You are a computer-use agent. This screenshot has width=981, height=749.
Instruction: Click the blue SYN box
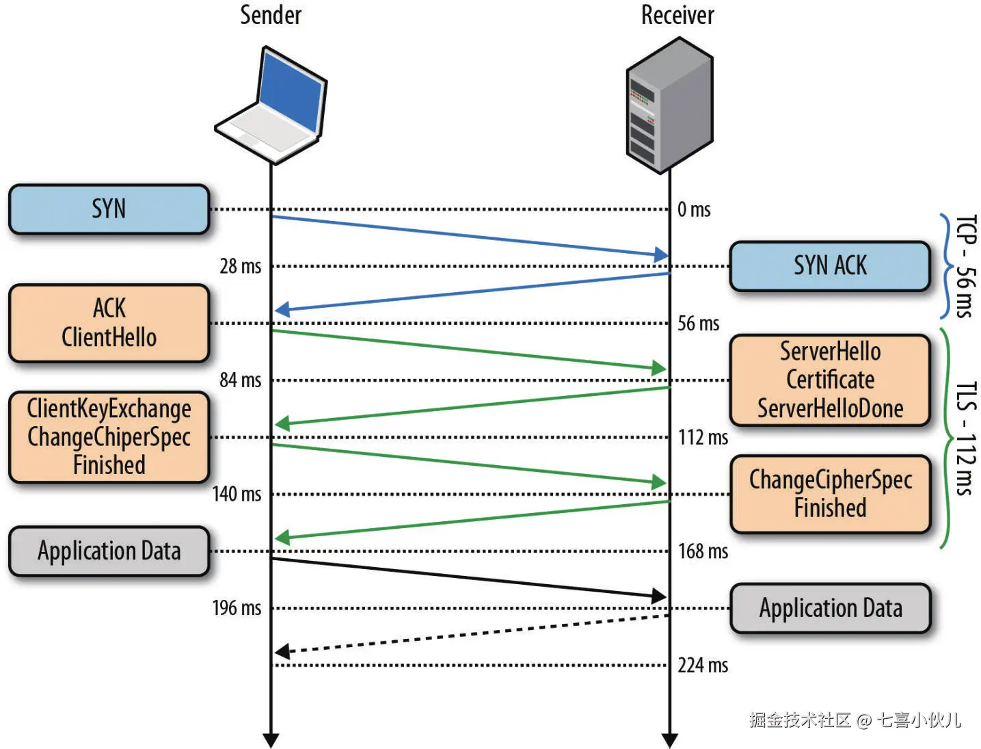click(x=109, y=209)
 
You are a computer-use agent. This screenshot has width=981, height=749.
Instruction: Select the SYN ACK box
click(x=830, y=265)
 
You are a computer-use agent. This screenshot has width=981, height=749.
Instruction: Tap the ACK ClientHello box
click(x=109, y=323)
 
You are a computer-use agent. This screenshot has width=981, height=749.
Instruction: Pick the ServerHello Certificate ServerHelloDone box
click(x=830, y=380)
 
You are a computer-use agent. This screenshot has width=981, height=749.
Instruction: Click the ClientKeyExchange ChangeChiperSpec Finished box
click(x=109, y=437)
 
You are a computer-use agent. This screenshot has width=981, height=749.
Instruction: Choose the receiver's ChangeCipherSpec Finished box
click(x=830, y=494)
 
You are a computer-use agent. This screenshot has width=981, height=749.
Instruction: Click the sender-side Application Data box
click(x=109, y=551)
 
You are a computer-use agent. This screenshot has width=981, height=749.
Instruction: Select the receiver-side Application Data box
click(x=830, y=608)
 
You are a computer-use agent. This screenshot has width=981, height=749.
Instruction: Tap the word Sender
click(x=271, y=15)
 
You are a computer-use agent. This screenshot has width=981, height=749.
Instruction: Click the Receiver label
click(x=677, y=15)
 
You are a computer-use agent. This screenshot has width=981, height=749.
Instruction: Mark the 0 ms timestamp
click(x=694, y=209)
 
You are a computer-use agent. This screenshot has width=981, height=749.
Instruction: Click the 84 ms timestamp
click(x=240, y=380)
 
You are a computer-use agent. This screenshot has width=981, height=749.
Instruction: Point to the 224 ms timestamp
click(x=703, y=665)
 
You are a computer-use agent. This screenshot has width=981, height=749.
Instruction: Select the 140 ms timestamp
click(x=237, y=494)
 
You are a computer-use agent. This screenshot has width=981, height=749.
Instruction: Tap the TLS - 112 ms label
click(x=965, y=438)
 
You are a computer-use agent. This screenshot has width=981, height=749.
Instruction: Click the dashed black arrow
click(x=472, y=633)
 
